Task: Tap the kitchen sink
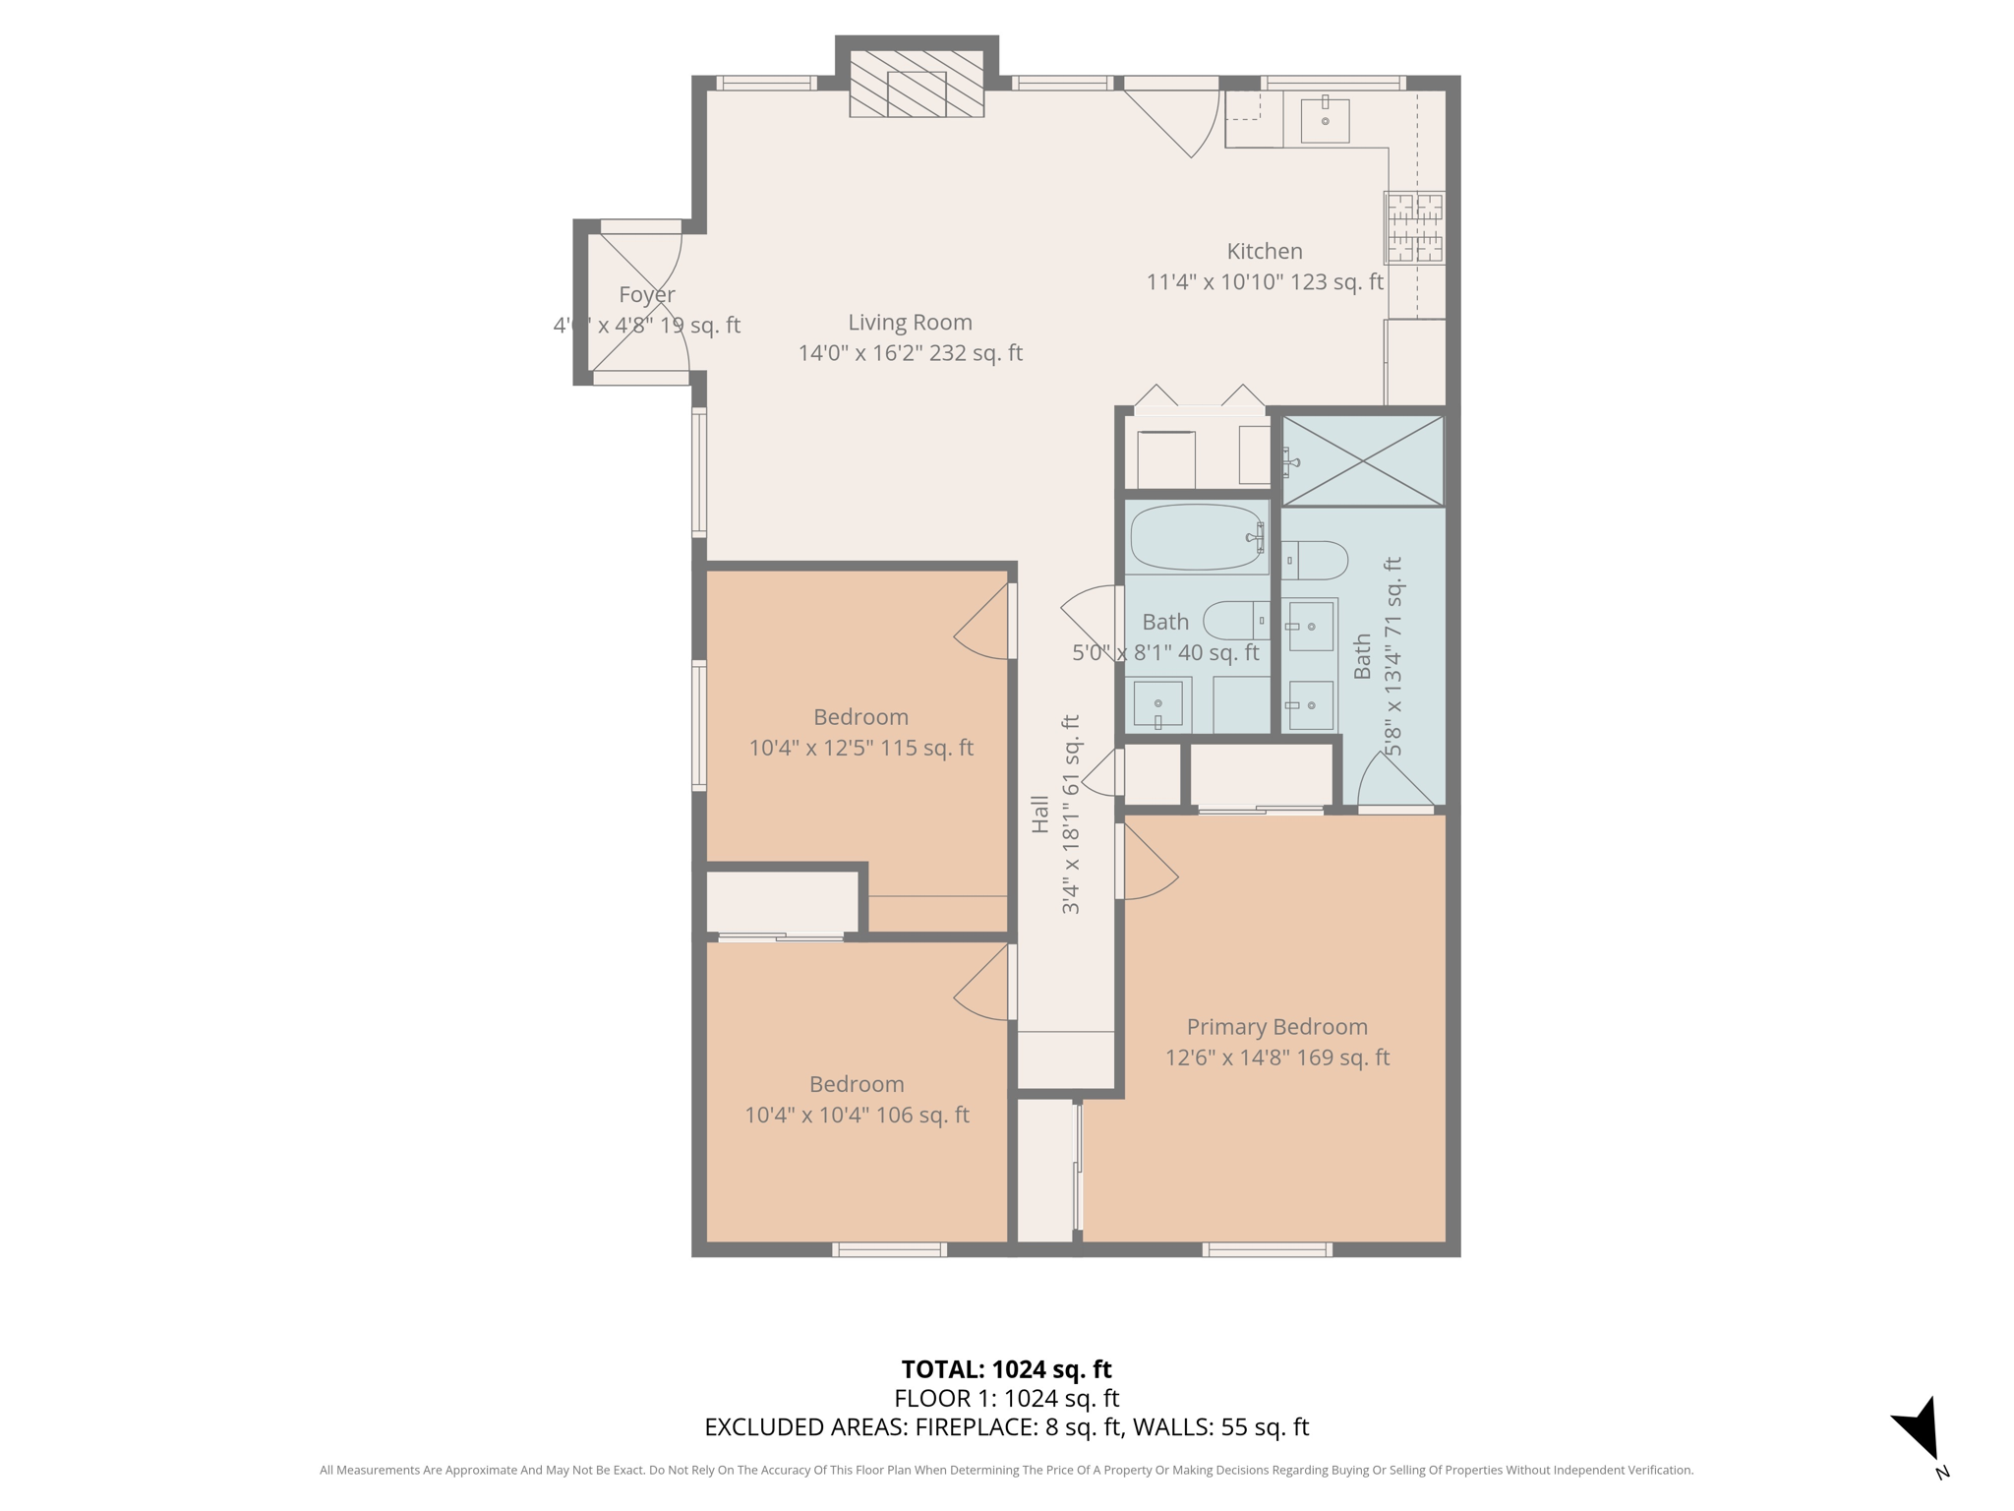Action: click(x=1325, y=119)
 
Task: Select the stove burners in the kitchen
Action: click(x=1414, y=228)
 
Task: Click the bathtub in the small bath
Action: click(x=1197, y=537)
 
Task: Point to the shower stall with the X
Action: click(x=1363, y=460)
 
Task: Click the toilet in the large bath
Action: click(x=1315, y=561)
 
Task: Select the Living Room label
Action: click(x=910, y=323)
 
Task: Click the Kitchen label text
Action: click(x=1264, y=252)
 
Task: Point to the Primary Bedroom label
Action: click(x=1276, y=1027)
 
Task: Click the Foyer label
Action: click(x=647, y=295)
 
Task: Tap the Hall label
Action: click(x=1040, y=815)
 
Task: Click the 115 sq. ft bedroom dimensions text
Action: click(x=860, y=748)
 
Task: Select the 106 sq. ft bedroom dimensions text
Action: click(x=857, y=1116)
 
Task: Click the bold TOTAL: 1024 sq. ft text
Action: click(x=1006, y=1369)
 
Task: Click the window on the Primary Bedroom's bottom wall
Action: click(x=1267, y=1250)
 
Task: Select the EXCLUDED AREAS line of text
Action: click(x=1006, y=1427)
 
